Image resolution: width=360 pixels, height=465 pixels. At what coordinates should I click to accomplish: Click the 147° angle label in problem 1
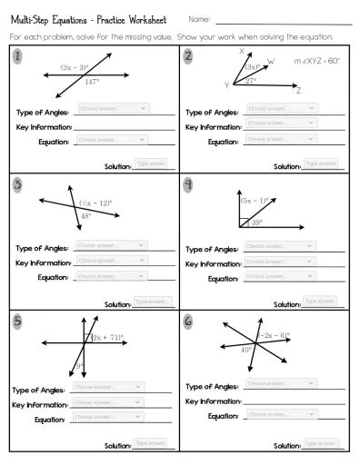pyautogui.click(x=91, y=82)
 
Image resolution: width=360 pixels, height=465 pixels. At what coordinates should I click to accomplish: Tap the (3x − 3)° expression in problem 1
pyautogui.click(x=75, y=67)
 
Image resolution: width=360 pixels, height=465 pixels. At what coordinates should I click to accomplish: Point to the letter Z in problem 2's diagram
pyautogui.click(x=298, y=91)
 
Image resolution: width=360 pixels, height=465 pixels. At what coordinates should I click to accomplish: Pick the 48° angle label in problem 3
pyautogui.click(x=85, y=216)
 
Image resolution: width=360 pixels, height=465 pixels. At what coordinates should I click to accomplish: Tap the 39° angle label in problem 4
pyautogui.click(x=257, y=222)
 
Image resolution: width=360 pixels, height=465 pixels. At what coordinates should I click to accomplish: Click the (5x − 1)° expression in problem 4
pyautogui.click(x=254, y=200)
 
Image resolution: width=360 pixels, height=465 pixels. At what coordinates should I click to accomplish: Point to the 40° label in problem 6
pyautogui.click(x=246, y=349)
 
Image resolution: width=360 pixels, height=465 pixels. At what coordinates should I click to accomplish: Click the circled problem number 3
pyautogui.click(x=18, y=185)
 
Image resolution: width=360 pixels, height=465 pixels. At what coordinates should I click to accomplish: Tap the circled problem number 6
pyautogui.click(x=188, y=321)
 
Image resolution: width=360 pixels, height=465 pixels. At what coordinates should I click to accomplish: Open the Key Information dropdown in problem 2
pyautogui.click(x=281, y=124)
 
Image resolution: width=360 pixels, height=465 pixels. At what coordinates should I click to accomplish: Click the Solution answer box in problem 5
pyautogui.click(x=150, y=442)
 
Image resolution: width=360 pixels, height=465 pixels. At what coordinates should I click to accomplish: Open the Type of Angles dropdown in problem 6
pyautogui.click(x=281, y=383)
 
